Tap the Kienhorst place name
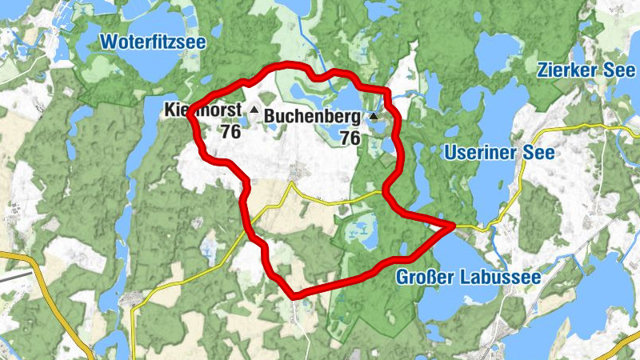(202, 109)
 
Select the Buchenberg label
(310, 116)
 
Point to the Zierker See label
(586, 70)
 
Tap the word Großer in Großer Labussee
(426, 278)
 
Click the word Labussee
(501, 278)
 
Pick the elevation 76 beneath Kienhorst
(230, 132)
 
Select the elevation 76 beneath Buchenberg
(350, 138)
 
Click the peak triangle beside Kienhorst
(254, 109)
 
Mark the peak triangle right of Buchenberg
(373, 117)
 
